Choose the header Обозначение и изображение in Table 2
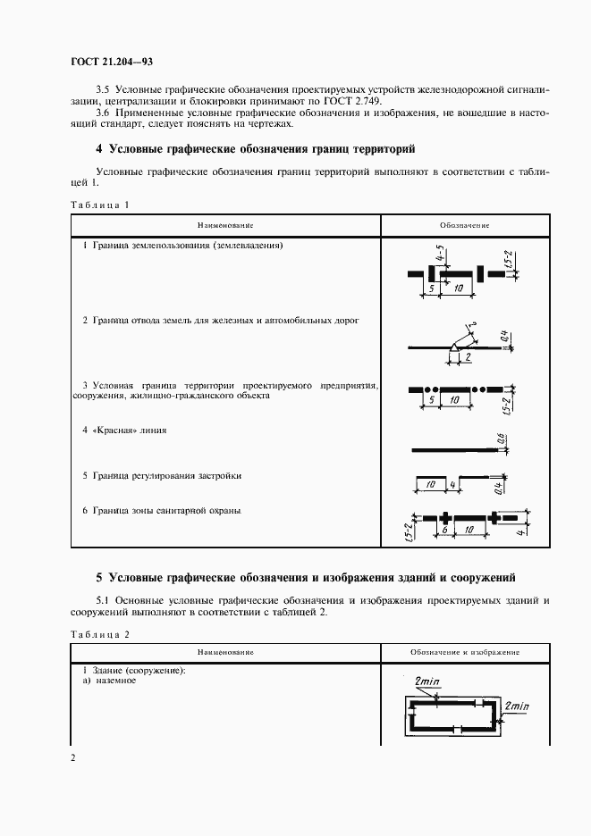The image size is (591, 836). [x=465, y=653]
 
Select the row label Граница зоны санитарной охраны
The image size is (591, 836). [x=161, y=511]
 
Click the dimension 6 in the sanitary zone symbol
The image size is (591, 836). [x=443, y=531]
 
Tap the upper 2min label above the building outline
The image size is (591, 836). [x=428, y=681]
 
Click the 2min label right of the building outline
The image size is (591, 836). [x=517, y=706]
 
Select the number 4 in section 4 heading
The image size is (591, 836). [x=99, y=149]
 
